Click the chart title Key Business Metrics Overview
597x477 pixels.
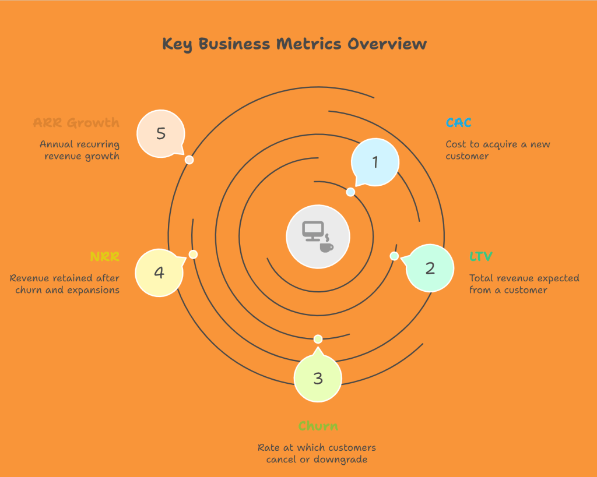pos(294,44)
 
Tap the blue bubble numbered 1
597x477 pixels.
pos(375,162)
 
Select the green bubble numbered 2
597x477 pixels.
pos(430,268)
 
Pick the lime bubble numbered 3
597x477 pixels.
pos(318,379)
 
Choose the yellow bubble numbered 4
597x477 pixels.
pos(159,272)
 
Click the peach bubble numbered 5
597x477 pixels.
pos(161,133)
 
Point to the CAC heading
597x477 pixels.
pos(458,123)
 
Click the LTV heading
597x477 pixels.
pos(481,256)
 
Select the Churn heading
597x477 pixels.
pos(318,426)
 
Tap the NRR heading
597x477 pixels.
pos(105,257)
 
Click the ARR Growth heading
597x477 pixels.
pos(76,123)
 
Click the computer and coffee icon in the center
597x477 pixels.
pos(318,237)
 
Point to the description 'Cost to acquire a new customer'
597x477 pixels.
pos(498,150)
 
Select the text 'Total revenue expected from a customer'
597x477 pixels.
pos(524,284)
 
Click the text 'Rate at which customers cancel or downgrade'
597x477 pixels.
pos(318,453)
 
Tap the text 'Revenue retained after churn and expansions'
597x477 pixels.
pos(65,284)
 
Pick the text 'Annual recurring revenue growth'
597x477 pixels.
pos(80,150)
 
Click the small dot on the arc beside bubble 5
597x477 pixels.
pos(189,160)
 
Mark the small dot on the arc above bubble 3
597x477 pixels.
pos(318,339)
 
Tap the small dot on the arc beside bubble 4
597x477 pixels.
pos(194,255)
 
